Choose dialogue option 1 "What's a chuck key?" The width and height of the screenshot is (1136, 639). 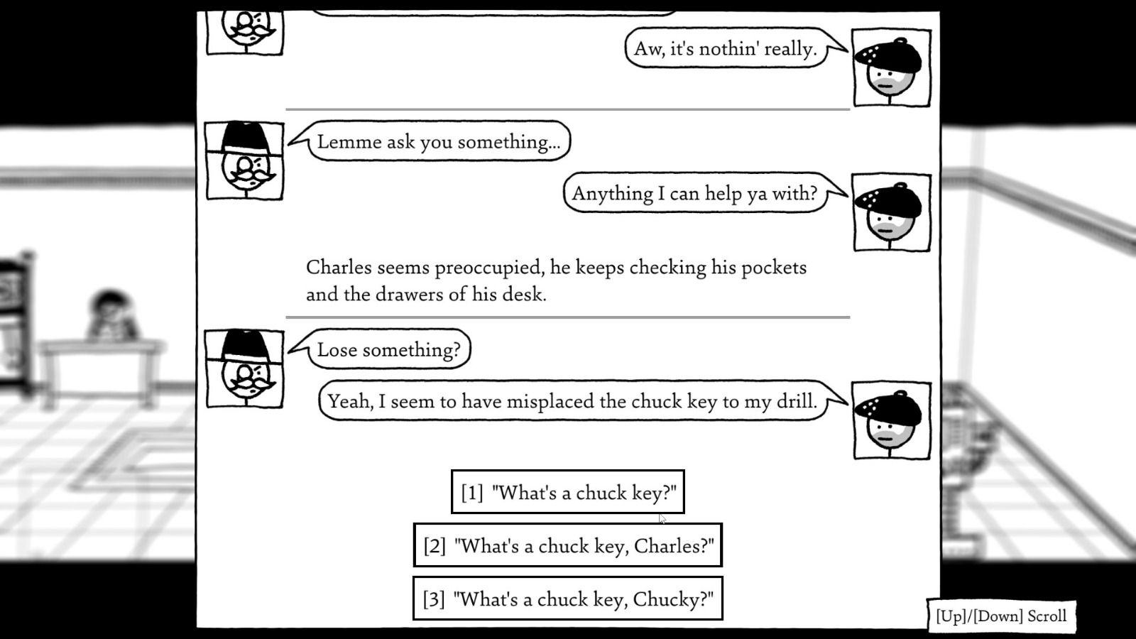coord(567,492)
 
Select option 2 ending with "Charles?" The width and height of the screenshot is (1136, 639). coord(567,545)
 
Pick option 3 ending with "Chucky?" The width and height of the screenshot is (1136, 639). coord(567,599)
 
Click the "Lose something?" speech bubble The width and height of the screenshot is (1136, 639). coord(388,349)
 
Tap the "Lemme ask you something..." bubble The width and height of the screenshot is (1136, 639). coord(438,141)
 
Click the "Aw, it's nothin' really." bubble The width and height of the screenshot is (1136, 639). coord(725,48)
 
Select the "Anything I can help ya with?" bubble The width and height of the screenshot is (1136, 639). coord(694,193)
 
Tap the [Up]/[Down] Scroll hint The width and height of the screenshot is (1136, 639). coord(1001,616)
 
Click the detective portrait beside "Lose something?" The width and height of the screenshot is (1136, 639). coord(245,369)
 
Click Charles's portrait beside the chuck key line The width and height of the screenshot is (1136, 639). coord(891,421)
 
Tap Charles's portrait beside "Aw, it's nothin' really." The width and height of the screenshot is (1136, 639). coord(891,68)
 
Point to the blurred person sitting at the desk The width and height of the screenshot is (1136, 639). coord(112,316)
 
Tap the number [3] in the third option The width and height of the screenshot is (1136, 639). coord(434,599)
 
